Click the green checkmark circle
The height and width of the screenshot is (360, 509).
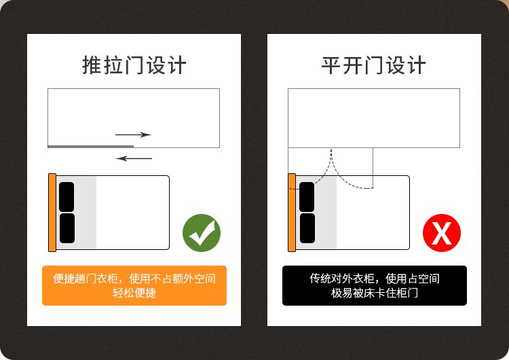click(202, 232)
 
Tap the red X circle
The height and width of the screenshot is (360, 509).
click(442, 232)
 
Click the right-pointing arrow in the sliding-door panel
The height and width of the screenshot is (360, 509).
click(134, 134)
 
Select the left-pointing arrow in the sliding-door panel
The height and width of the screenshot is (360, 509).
click(134, 158)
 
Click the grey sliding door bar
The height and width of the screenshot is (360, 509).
click(90, 147)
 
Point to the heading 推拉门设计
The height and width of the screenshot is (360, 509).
click(134, 65)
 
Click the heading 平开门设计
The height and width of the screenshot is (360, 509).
click(374, 65)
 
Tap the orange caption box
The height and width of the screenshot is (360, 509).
click(134, 285)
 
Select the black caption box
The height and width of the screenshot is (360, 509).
click(375, 285)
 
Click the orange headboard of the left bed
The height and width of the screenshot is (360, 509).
click(52, 213)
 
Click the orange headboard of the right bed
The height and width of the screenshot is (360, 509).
click(292, 213)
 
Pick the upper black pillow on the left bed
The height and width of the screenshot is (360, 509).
click(67, 197)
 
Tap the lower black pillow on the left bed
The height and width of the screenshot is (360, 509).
click(67, 228)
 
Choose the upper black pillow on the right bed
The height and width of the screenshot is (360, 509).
click(307, 197)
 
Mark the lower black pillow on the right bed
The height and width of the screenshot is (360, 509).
click(307, 228)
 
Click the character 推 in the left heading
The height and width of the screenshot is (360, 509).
click(92, 65)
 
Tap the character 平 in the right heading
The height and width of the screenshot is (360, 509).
click(331, 65)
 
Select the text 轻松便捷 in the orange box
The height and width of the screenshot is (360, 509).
click(134, 293)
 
